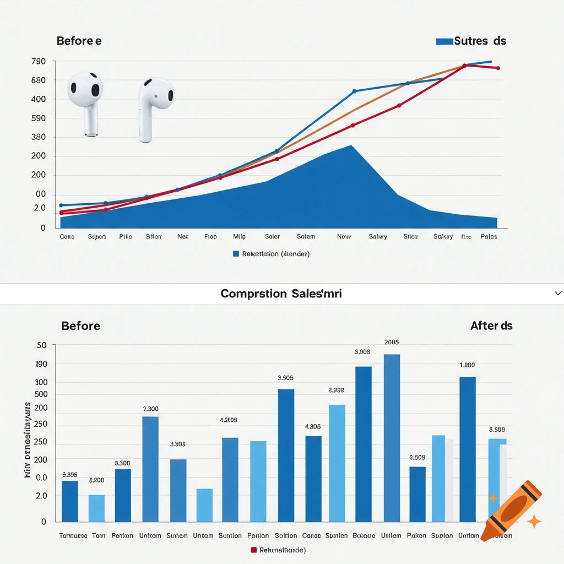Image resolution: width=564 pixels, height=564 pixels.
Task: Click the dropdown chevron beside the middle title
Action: tap(557, 294)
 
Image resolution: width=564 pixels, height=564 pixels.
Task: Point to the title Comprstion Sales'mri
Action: tap(281, 294)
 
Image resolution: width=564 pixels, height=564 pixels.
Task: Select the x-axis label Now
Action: tap(344, 236)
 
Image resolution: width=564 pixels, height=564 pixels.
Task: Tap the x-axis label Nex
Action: tap(183, 236)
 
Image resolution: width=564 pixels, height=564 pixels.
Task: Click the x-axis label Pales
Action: tap(489, 236)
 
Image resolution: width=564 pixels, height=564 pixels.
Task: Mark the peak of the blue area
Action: tap(351, 145)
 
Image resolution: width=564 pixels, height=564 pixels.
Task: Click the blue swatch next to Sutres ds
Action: tap(444, 41)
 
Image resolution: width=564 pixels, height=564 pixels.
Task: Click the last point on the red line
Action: tap(498, 68)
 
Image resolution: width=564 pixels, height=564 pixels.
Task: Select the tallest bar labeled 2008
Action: tap(392, 438)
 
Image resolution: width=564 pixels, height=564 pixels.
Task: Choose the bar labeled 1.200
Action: tap(468, 449)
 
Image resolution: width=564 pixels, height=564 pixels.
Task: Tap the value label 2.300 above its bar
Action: tap(150, 409)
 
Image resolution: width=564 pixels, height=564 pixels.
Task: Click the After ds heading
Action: tap(491, 326)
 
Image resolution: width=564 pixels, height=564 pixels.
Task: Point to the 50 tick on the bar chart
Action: tap(42, 345)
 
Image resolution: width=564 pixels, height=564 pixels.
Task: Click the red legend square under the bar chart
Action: tap(254, 550)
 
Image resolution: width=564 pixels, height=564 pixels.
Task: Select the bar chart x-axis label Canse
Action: tap(312, 535)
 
